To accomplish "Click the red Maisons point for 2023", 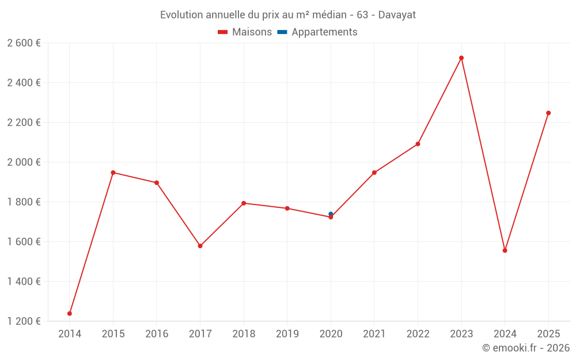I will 461,58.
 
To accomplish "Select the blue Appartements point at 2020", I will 331,214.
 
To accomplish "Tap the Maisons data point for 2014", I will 70,313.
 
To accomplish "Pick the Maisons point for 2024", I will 505,251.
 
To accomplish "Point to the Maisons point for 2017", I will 200,246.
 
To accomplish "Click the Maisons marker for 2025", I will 548,113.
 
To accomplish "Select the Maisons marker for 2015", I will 113,173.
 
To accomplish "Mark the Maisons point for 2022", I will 418,144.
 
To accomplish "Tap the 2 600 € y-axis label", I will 24,43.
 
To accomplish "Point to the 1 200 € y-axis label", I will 24,321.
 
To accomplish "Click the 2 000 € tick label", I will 24,162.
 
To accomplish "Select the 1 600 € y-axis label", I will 24,242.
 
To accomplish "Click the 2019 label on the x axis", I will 287,334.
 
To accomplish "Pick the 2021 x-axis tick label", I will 374,334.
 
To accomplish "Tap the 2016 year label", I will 157,334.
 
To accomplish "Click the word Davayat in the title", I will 397,15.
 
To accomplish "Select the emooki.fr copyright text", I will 526,348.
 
